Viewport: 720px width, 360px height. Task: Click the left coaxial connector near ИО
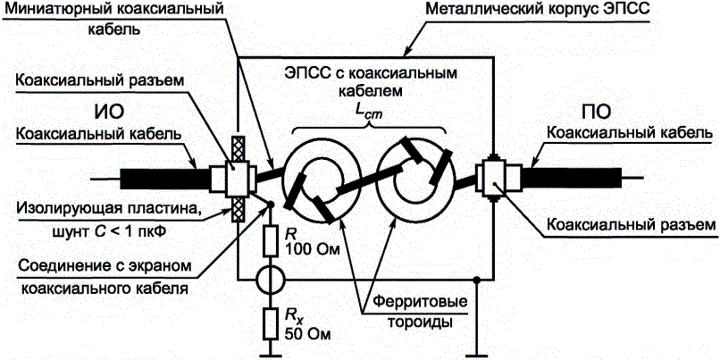(238, 179)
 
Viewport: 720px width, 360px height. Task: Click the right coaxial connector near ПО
(492, 177)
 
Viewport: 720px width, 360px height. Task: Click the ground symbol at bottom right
(479, 344)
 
